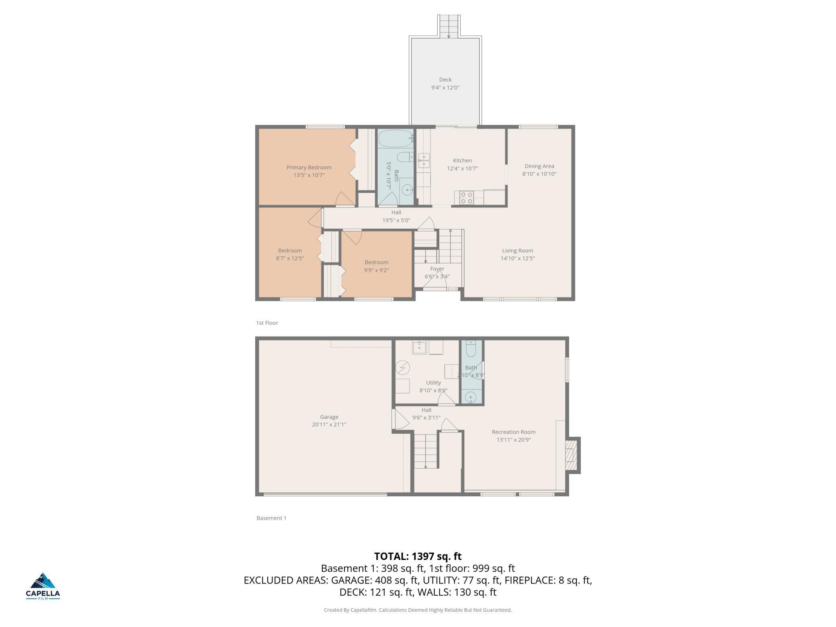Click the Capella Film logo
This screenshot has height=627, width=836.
[x=43, y=586]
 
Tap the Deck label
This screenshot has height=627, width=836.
[x=445, y=80]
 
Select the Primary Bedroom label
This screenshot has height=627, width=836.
[x=309, y=167]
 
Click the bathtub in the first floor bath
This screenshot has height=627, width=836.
[x=396, y=139]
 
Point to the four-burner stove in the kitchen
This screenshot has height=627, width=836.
[x=467, y=197]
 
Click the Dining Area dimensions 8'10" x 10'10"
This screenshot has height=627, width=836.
[x=539, y=174]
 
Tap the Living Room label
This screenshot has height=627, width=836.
[x=518, y=250]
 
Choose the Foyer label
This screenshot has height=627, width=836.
[x=437, y=269]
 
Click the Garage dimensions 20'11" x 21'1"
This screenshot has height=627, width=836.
[x=329, y=424]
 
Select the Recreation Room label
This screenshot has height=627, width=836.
[x=514, y=432]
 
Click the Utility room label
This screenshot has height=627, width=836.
[x=433, y=383]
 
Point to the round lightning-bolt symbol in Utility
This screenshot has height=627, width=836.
[x=402, y=368]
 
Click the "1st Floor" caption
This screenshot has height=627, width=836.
[x=267, y=323]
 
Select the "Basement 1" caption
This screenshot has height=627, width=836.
[x=271, y=518]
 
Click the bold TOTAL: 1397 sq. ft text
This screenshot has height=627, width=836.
[x=418, y=556]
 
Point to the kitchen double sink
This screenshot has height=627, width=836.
[x=424, y=160]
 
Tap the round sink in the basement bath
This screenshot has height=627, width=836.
[x=471, y=398]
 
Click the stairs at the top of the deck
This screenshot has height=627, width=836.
[x=449, y=26]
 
